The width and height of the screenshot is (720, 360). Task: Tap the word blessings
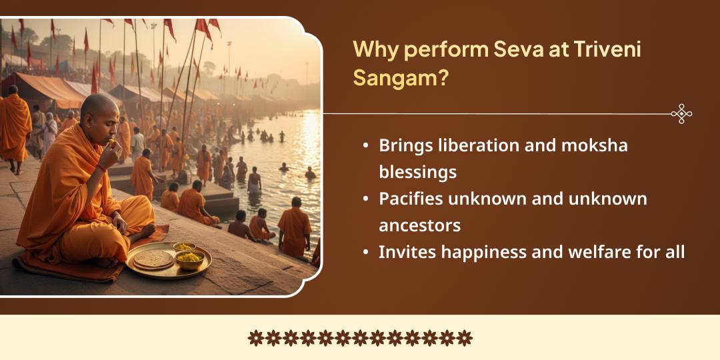[417, 172]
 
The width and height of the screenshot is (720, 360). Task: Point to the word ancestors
[419, 225]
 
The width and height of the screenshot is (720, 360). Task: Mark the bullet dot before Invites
[366, 253]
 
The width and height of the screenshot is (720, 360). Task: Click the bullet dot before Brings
[366, 146]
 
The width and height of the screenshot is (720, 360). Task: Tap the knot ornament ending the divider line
[681, 114]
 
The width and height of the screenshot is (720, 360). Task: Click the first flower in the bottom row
[256, 338]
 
